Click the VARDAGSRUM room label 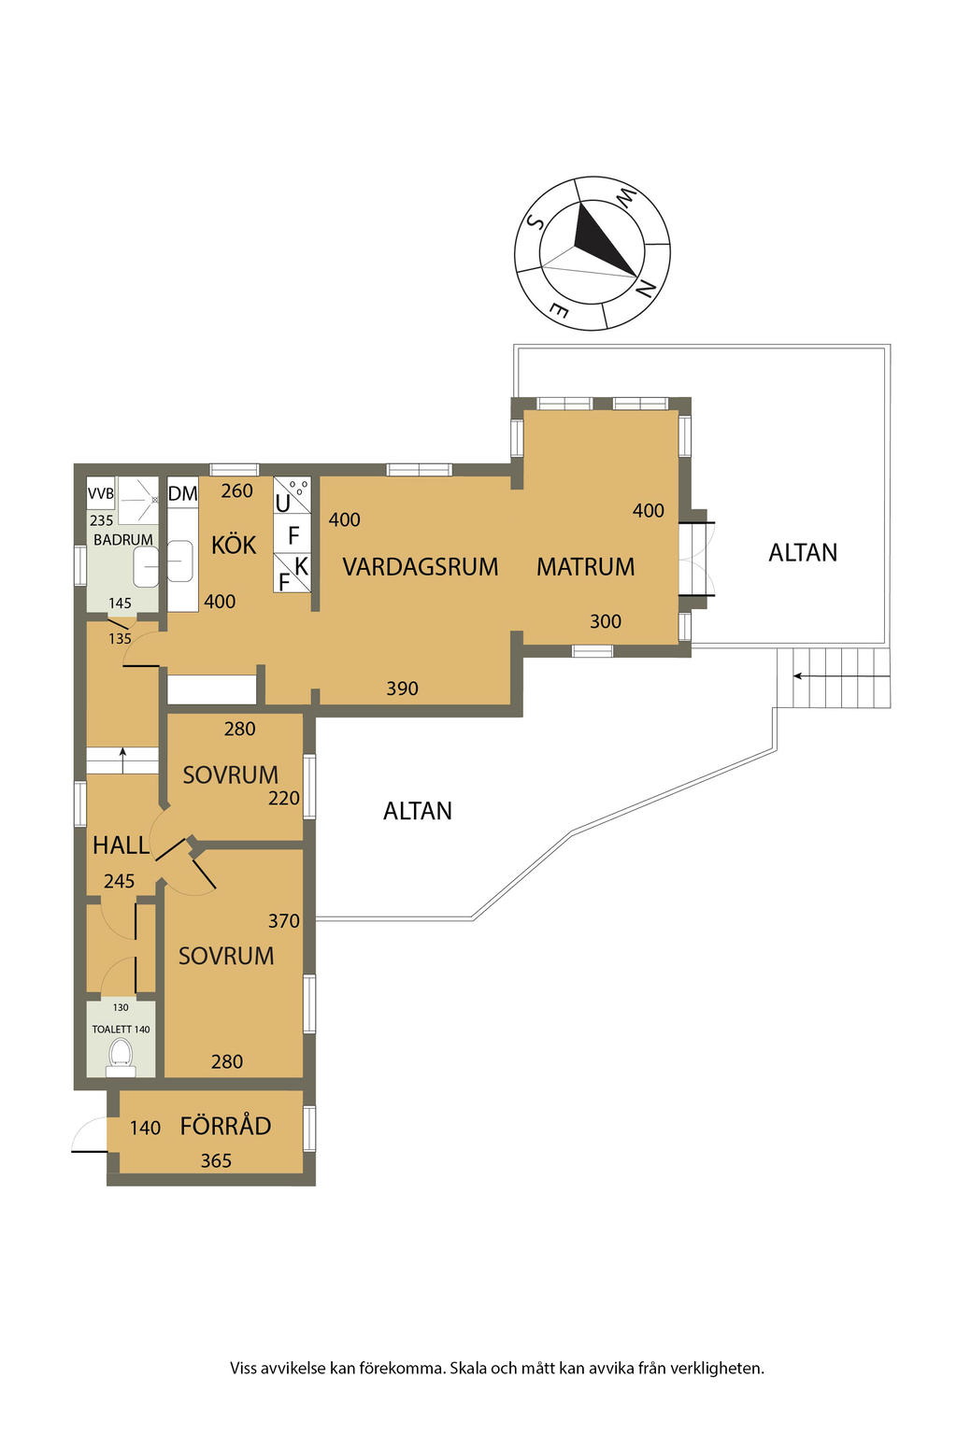click(420, 566)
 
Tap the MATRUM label click(585, 566)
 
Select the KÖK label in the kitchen click(234, 546)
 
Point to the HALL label click(121, 845)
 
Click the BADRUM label click(123, 539)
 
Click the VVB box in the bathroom click(101, 493)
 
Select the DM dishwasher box click(182, 493)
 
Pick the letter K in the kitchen click(301, 566)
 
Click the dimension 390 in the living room click(402, 689)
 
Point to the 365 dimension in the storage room click(216, 1160)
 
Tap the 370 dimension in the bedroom click(284, 920)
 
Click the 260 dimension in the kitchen click(237, 490)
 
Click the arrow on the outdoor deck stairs click(842, 675)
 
